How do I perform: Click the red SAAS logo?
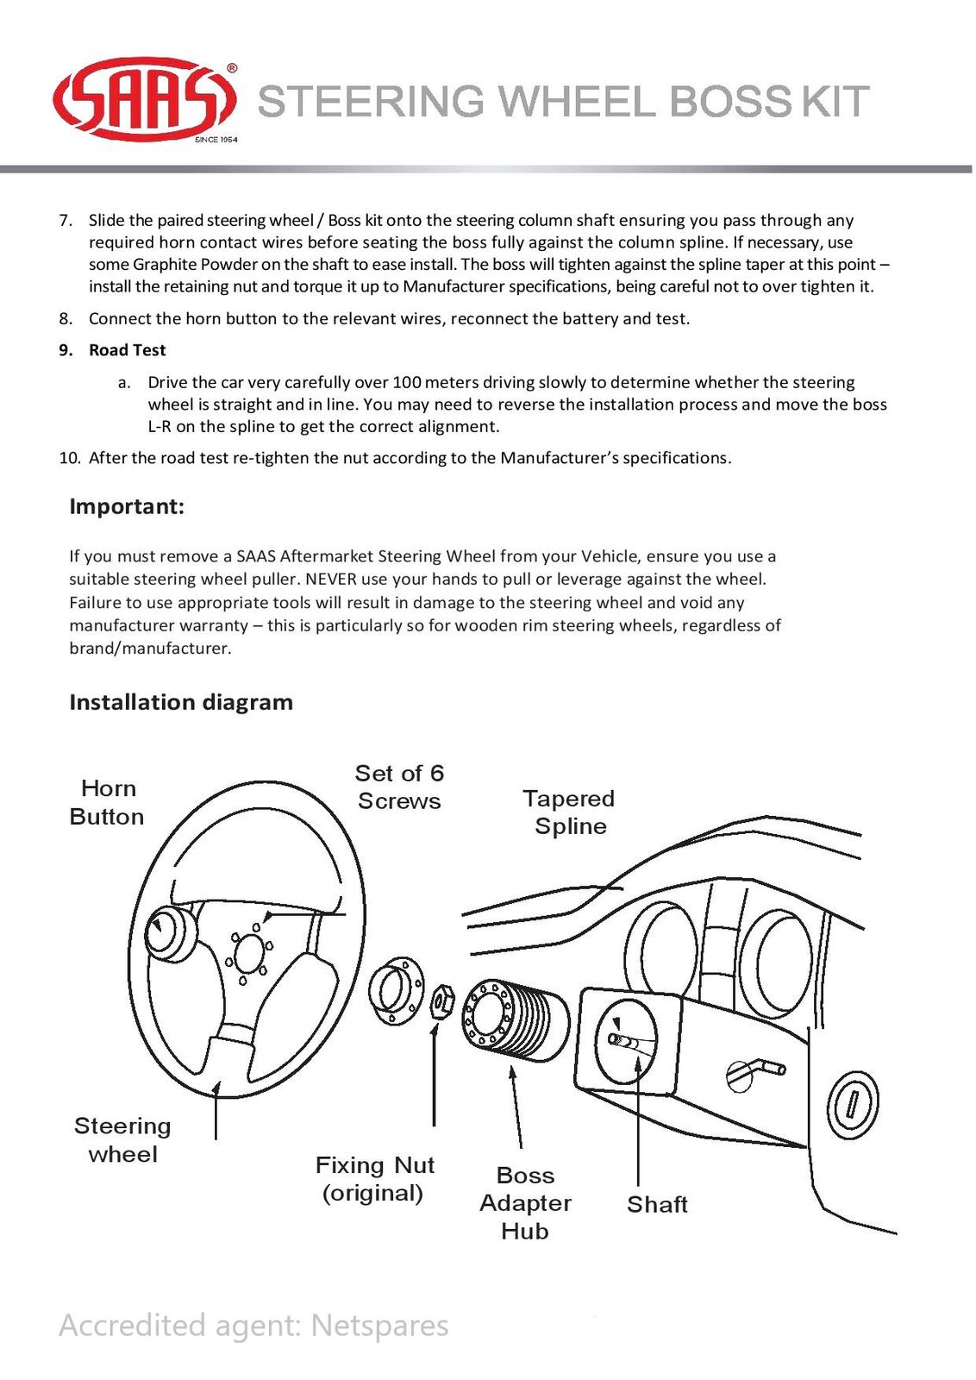tap(144, 99)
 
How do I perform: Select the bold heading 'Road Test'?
tap(127, 350)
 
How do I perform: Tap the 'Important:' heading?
tap(127, 506)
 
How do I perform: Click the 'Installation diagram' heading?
tap(181, 702)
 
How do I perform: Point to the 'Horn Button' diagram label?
tap(107, 802)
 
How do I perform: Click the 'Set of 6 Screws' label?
tap(399, 787)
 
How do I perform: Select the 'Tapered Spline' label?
tap(569, 812)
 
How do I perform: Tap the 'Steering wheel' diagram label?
tap(122, 1139)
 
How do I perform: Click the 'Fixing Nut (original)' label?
tap(374, 1178)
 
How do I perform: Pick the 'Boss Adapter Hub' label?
tap(525, 1202)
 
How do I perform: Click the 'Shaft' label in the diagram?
tap(657, 1204)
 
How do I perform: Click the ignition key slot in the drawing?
tap(852, 1104)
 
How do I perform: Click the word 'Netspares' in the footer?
tap(379, 1325)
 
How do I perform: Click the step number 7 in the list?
tap(66, 220)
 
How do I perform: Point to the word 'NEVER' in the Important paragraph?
tap(331, 579)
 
